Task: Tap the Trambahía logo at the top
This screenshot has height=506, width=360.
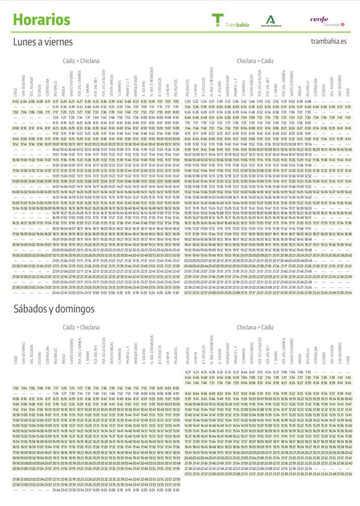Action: pyautogui.click(x=230, y=21)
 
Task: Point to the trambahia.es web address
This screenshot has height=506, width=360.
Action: pyautogui.click(x=329, y=43)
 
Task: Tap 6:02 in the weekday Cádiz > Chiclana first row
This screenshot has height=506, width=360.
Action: pyautogui.click(x=16, y=101)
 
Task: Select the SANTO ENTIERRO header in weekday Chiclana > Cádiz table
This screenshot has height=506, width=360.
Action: pyautogui.click(x=291, y=85)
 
